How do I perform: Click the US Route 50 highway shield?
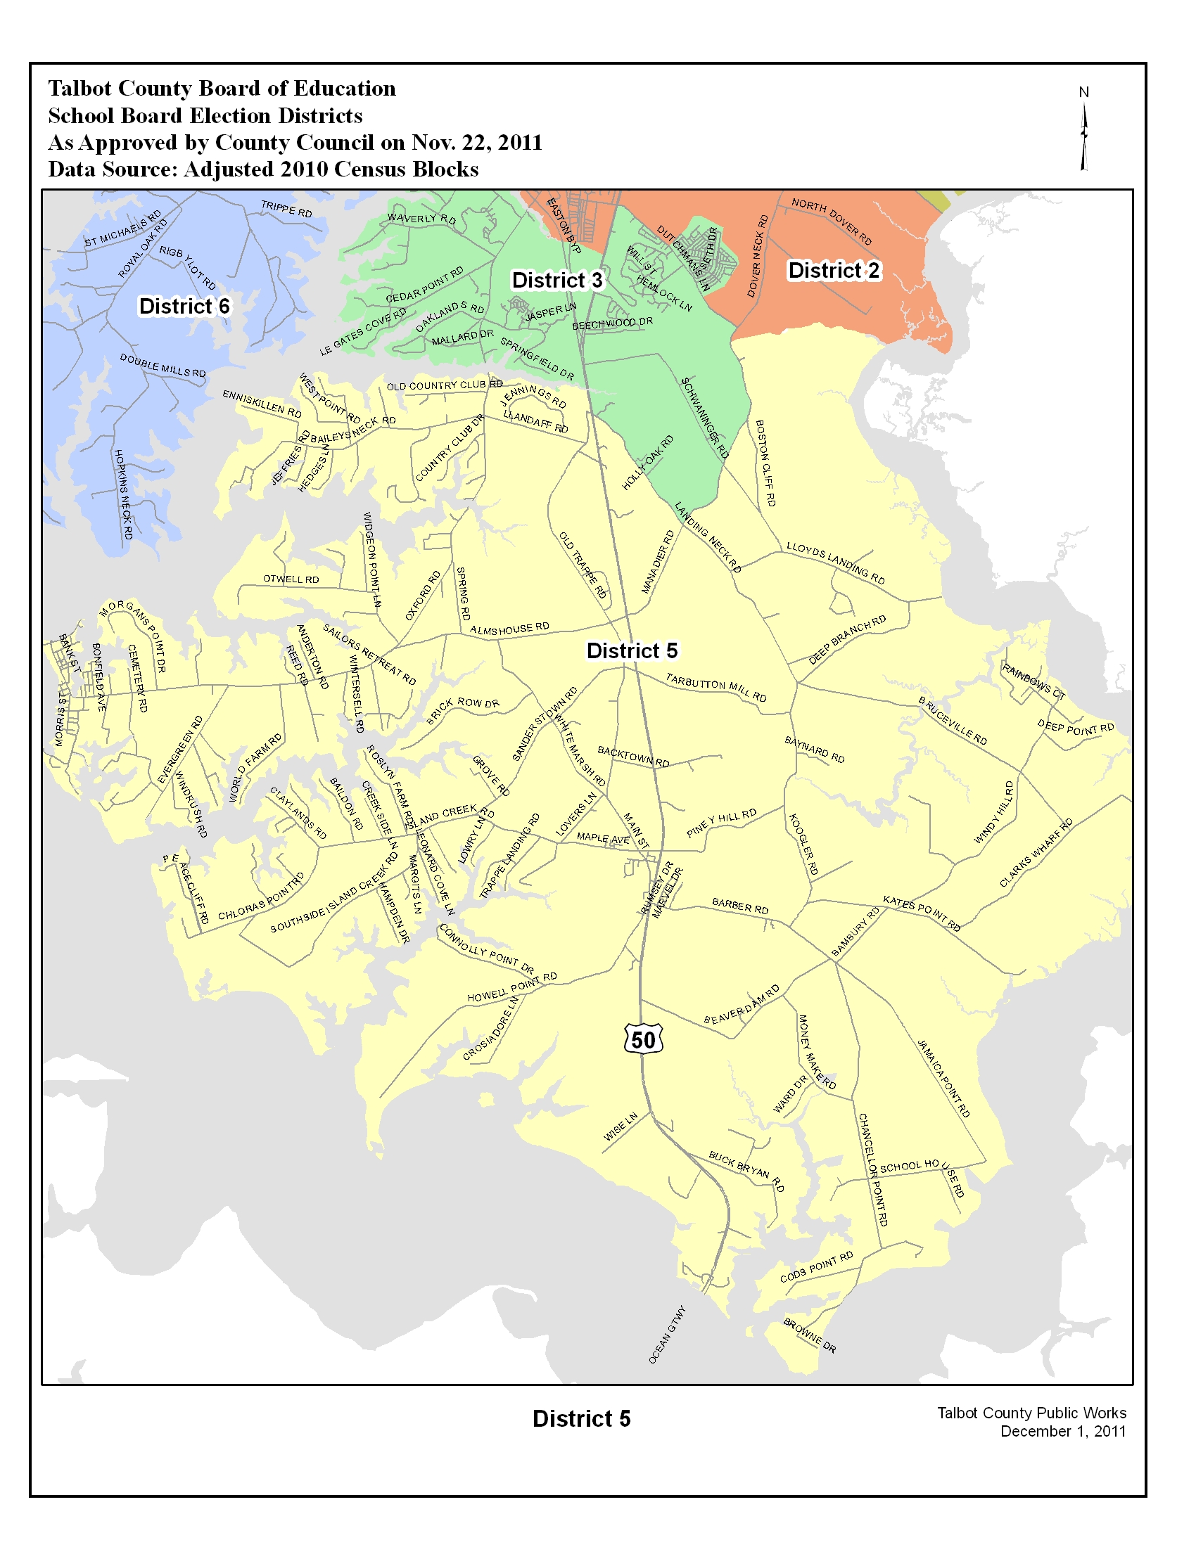coord(643,1039)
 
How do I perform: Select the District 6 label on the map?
coord(184,306)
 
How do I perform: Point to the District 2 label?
coord(834,270)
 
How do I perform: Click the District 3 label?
coord(557,280)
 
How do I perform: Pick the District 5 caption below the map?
coord(581,1419)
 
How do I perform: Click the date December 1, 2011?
coord(1063,1432)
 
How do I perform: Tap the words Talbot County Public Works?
coord(1031,1413)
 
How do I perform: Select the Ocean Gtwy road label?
coord(668,1335)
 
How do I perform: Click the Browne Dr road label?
coord(810,1335)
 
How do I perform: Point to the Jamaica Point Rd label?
coord(943,1078)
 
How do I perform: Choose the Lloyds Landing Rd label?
coord(835,563)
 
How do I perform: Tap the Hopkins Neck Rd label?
coord(123,494)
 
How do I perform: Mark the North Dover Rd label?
coord(832,221)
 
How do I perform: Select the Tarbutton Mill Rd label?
coord(715,687)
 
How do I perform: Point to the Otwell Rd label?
coord(291,579)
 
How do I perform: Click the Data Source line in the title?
coord(263,169)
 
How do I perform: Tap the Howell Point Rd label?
coord(511,987)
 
